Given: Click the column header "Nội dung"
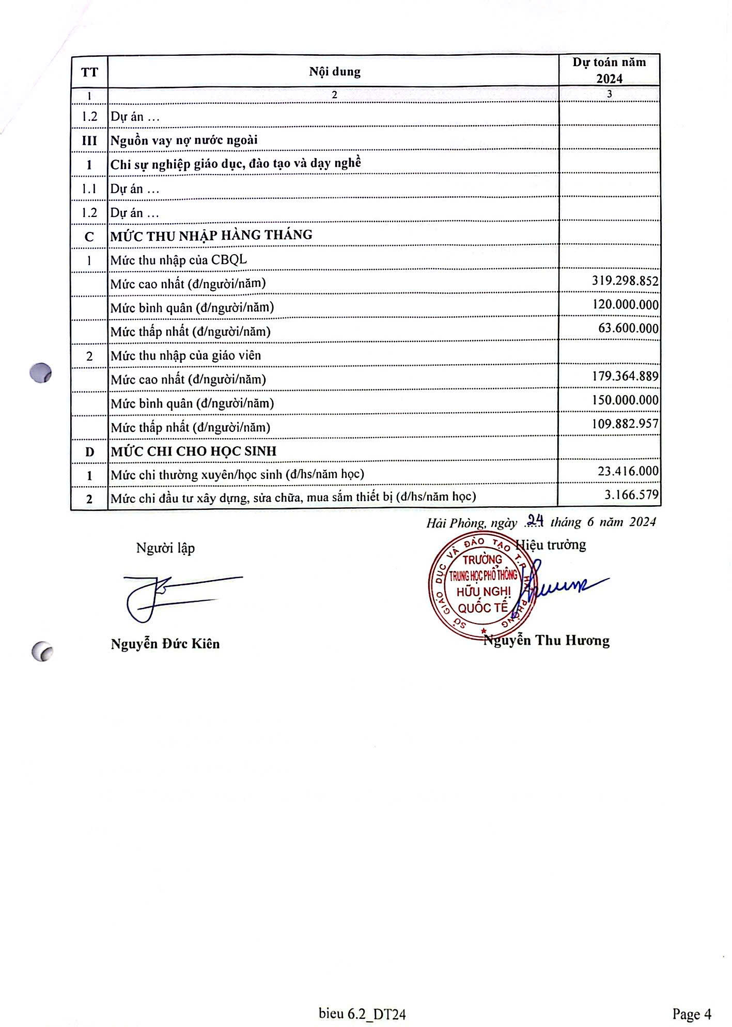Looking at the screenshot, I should [334, 71].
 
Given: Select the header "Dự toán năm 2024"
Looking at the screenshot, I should [609, 70].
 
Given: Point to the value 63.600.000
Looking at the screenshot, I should [628, 328].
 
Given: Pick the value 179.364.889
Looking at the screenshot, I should [625, 376].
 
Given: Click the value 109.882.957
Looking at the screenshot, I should [625, 424].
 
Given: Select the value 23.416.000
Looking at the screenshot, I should [628, 471].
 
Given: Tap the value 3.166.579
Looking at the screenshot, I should [631, 495].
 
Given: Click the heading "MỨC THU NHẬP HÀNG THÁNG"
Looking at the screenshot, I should [211, 236].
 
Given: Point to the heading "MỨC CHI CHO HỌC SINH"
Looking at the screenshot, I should [194, 451].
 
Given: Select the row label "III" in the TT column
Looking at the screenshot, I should [89, 141].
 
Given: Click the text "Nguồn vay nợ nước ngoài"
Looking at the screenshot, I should [184, 141].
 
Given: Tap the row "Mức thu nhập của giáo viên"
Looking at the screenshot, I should [186, 355].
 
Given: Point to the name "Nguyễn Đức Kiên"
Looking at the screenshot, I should [165, 644].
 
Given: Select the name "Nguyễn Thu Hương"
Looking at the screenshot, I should [547, 641].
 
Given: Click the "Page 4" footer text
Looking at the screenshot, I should [692, 1014].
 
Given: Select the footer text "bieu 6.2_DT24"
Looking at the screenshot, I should [362, 1014].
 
